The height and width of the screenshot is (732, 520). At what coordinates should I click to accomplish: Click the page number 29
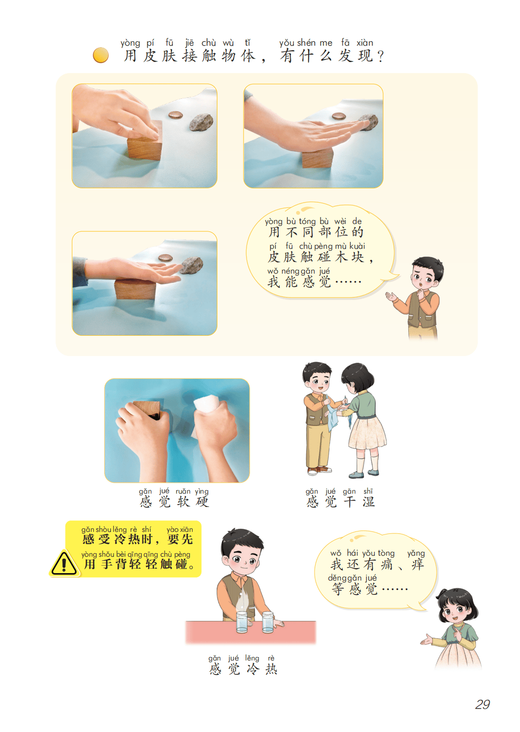pyautogui.click(x=482, y=704)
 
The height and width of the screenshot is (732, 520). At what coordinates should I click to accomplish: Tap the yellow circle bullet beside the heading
pyautogui.click(x=101, y=55)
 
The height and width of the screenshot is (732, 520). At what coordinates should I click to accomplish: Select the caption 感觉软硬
pyautogui.click(x=174, y=501)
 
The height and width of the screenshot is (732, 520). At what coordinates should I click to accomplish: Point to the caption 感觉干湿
pyautogui.click(x=340, y=501)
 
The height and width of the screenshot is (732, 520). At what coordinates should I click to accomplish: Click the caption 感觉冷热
pyautogui.click(x=243, y=668)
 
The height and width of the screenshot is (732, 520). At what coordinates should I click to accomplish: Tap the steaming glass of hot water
pyautogui.click(x=242, y=622)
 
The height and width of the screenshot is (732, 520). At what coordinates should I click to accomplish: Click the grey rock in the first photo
pyautogui.click(x=201, y=122)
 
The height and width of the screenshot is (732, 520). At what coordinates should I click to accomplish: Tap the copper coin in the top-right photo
pyautogui.click(x=339, y=116)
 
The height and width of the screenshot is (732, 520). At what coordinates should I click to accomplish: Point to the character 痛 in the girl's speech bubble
pyautogui.click(x=387, y=564)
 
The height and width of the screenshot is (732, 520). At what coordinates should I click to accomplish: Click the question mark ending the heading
pyautogui.click(x=380, y=56)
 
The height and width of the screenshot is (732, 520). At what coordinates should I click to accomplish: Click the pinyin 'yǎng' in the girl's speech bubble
pyautogui.click(x=416, y=553)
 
